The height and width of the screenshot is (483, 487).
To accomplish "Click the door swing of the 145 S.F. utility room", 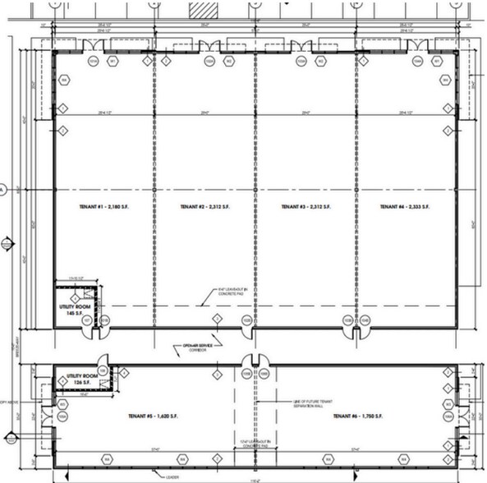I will [x=99, y=333].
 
